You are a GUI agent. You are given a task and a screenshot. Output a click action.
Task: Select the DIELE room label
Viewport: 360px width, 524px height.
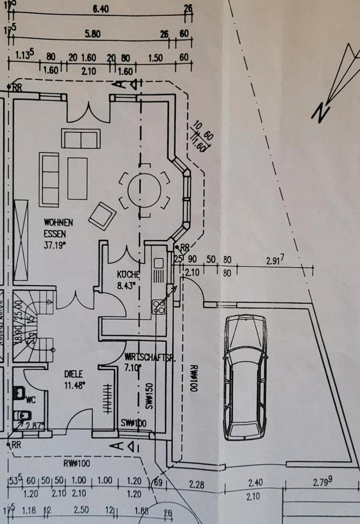click(74, 374)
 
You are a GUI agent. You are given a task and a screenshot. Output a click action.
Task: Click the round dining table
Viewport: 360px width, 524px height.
click(145, 190)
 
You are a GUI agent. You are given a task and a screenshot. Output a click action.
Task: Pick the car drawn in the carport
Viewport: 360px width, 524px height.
click(245, 377)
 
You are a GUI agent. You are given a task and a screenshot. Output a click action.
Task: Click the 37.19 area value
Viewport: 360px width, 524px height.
click(55, 245)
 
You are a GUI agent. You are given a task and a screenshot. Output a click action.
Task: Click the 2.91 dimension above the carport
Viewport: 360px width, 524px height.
click(275, 261)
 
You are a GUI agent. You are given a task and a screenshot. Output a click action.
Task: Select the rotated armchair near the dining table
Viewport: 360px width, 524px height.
click(102, 216)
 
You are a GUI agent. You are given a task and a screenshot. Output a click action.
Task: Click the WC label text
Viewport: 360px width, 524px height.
click(31, 400)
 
